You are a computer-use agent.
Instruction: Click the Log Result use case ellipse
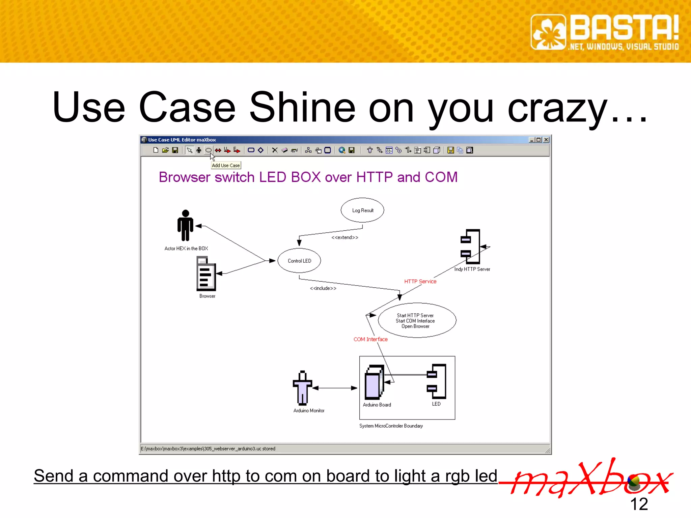click(x=362, y=210)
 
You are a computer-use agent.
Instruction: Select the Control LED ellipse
click(x=299, y=261)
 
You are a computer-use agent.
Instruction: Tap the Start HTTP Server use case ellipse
click(x=417, y=320)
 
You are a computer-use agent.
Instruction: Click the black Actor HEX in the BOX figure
click(x=185, y=225)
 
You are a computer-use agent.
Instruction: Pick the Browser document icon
click(x=206, y=274)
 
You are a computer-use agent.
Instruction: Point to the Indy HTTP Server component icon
click(x=471, y=247)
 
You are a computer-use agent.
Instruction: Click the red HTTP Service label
click(x=420, y=281)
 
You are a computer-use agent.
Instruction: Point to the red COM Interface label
click(x=370, y=339)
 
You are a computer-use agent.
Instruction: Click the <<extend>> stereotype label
click(x=344, y=237)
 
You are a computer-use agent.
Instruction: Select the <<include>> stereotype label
click(x=323, y=288)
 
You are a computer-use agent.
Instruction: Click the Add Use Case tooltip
click(x=226, y=165)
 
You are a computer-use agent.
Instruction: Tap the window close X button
click(x=546, y=140)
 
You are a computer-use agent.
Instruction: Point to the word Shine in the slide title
click(x=302, y=107)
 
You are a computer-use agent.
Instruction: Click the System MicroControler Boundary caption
click(x=391, y=426)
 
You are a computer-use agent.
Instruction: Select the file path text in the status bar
click(x=208, y=449)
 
